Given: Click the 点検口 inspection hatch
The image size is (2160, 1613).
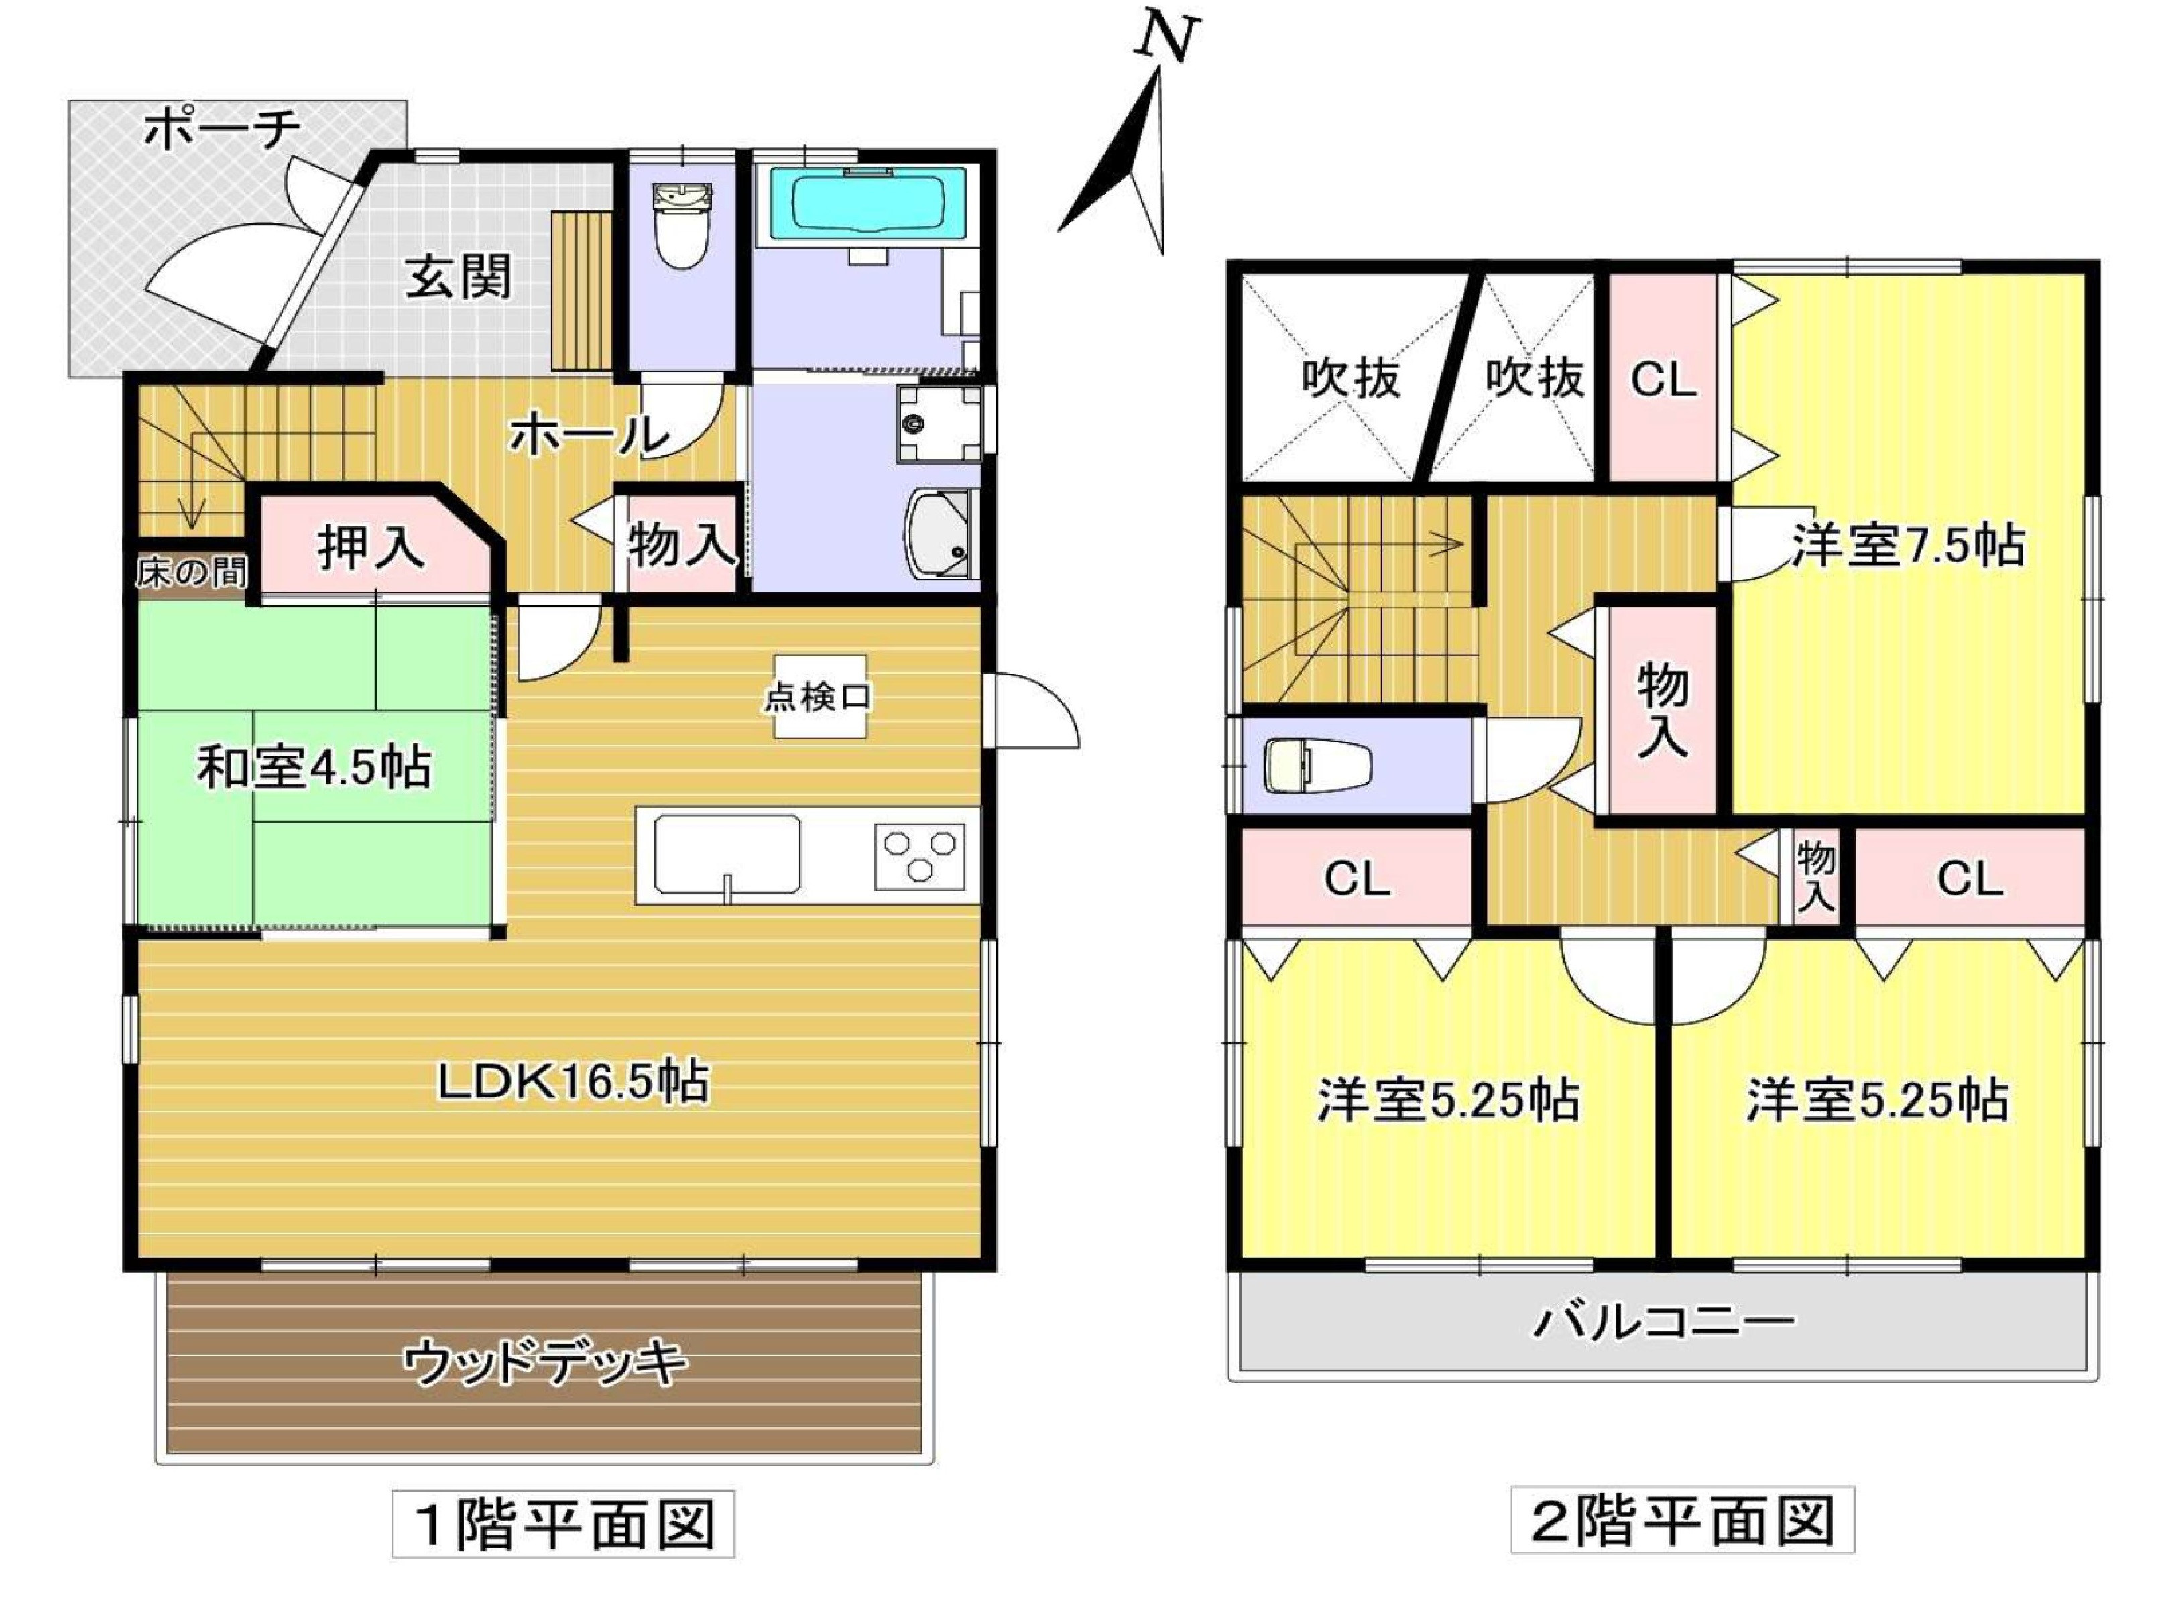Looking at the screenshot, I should pos(819,696).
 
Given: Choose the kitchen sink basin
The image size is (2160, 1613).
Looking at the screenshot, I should pos(727,854).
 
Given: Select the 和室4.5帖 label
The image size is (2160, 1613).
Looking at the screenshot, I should pos(314,768).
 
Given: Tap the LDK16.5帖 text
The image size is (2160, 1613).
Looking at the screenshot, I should pos(573,1082).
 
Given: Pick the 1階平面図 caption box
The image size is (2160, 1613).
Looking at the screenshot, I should pos(563,1523).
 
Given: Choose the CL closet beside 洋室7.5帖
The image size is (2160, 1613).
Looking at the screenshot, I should pos(1663,379).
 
